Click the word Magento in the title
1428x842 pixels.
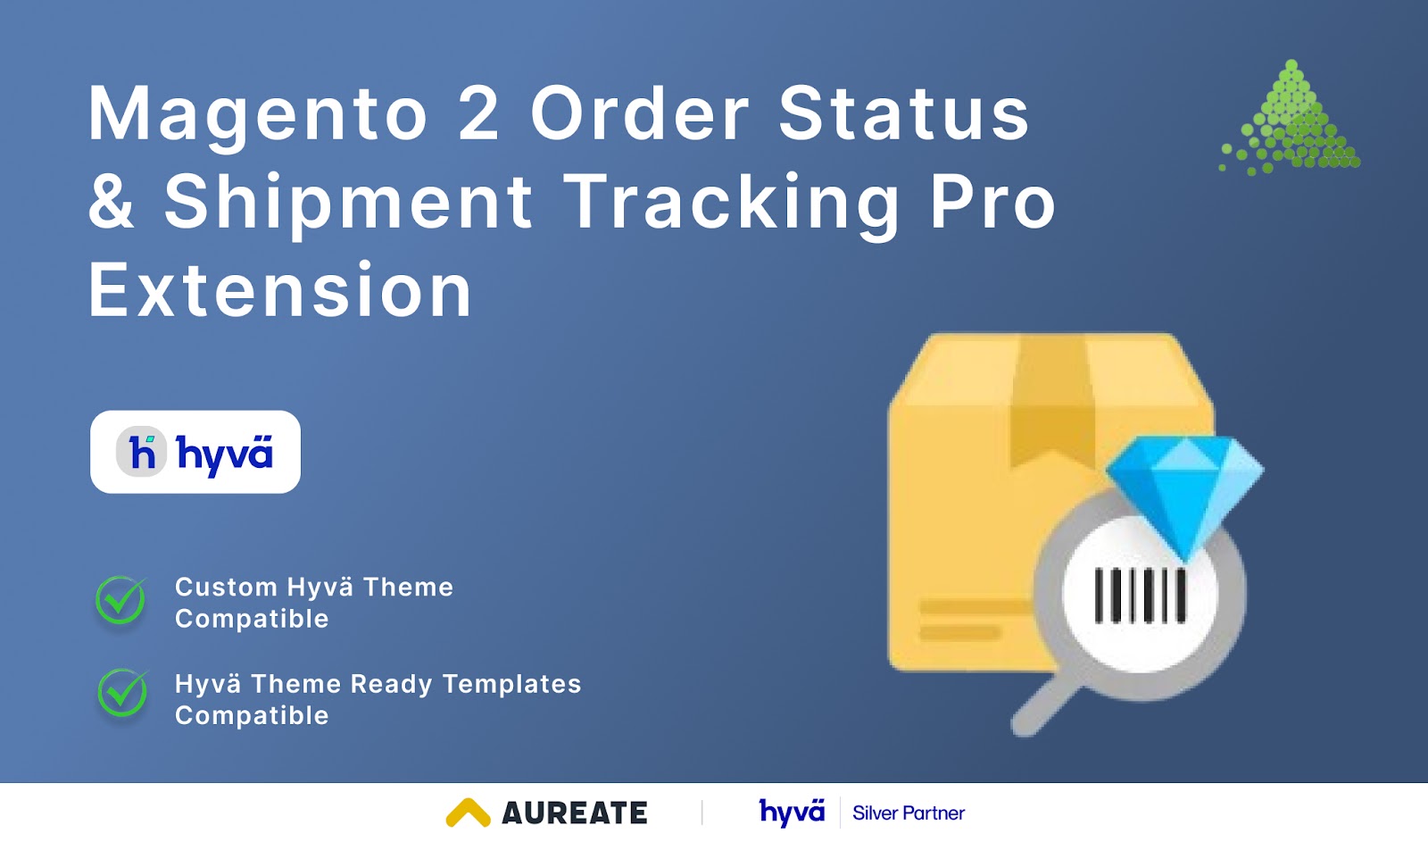258,115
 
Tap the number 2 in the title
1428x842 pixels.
478,113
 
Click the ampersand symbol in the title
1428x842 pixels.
111,202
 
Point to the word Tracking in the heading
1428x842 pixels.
732,203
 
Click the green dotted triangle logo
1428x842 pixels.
1292,121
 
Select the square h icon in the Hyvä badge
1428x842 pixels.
142,452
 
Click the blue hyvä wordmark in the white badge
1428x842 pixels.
224,454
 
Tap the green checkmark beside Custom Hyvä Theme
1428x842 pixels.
120,600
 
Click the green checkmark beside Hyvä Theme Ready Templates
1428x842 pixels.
122,693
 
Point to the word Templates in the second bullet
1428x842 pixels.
511,684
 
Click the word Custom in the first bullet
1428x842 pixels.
226,587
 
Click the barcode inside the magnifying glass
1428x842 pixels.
1141,596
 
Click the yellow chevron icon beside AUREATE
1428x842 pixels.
468,813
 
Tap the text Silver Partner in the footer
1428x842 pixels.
908,813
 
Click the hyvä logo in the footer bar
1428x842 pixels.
792,813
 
